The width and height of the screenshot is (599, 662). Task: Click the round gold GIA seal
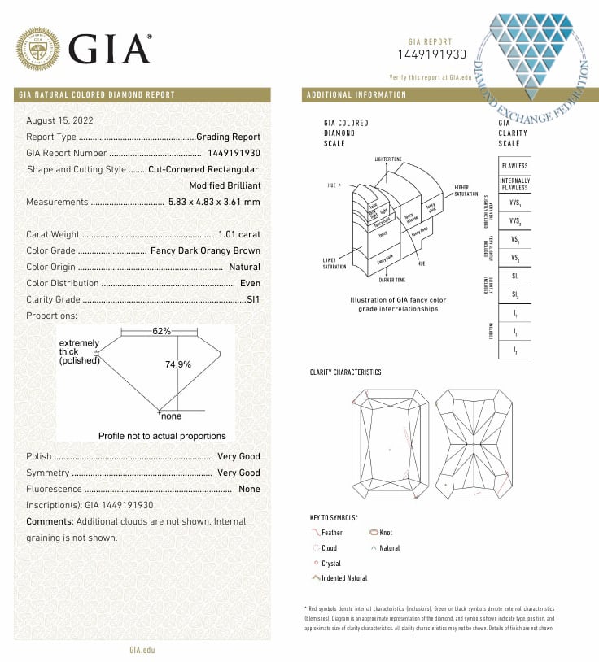[x=38, y=49]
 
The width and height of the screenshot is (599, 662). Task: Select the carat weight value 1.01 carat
[x=238, y=234]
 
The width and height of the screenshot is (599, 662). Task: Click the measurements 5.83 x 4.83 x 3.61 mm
[x=214, y=202]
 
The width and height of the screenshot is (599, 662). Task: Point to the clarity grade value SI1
[x=253, y=299]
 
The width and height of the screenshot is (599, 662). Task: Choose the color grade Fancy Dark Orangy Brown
[x=206, y=250]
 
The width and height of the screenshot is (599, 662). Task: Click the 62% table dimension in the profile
[x=161, y=331]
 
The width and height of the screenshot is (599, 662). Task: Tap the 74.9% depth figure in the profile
[x=178, y=364]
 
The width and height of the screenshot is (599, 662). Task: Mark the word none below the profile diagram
[x=171, y=416]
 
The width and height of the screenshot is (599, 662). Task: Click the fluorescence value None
[x=249, y=489]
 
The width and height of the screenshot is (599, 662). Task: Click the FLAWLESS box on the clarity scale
[x=514, y=166]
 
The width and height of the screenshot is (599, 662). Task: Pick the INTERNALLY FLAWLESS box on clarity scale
[x=514, y=184]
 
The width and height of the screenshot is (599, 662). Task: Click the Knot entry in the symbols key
[x=386, y=533]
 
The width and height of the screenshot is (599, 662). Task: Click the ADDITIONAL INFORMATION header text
[x=356, y=94]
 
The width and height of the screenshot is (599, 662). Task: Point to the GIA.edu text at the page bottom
[x=142, y=650]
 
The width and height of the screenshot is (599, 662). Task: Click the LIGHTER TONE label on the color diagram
[x=387, y=159]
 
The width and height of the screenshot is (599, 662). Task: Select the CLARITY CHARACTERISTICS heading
[x=345, y=372]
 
